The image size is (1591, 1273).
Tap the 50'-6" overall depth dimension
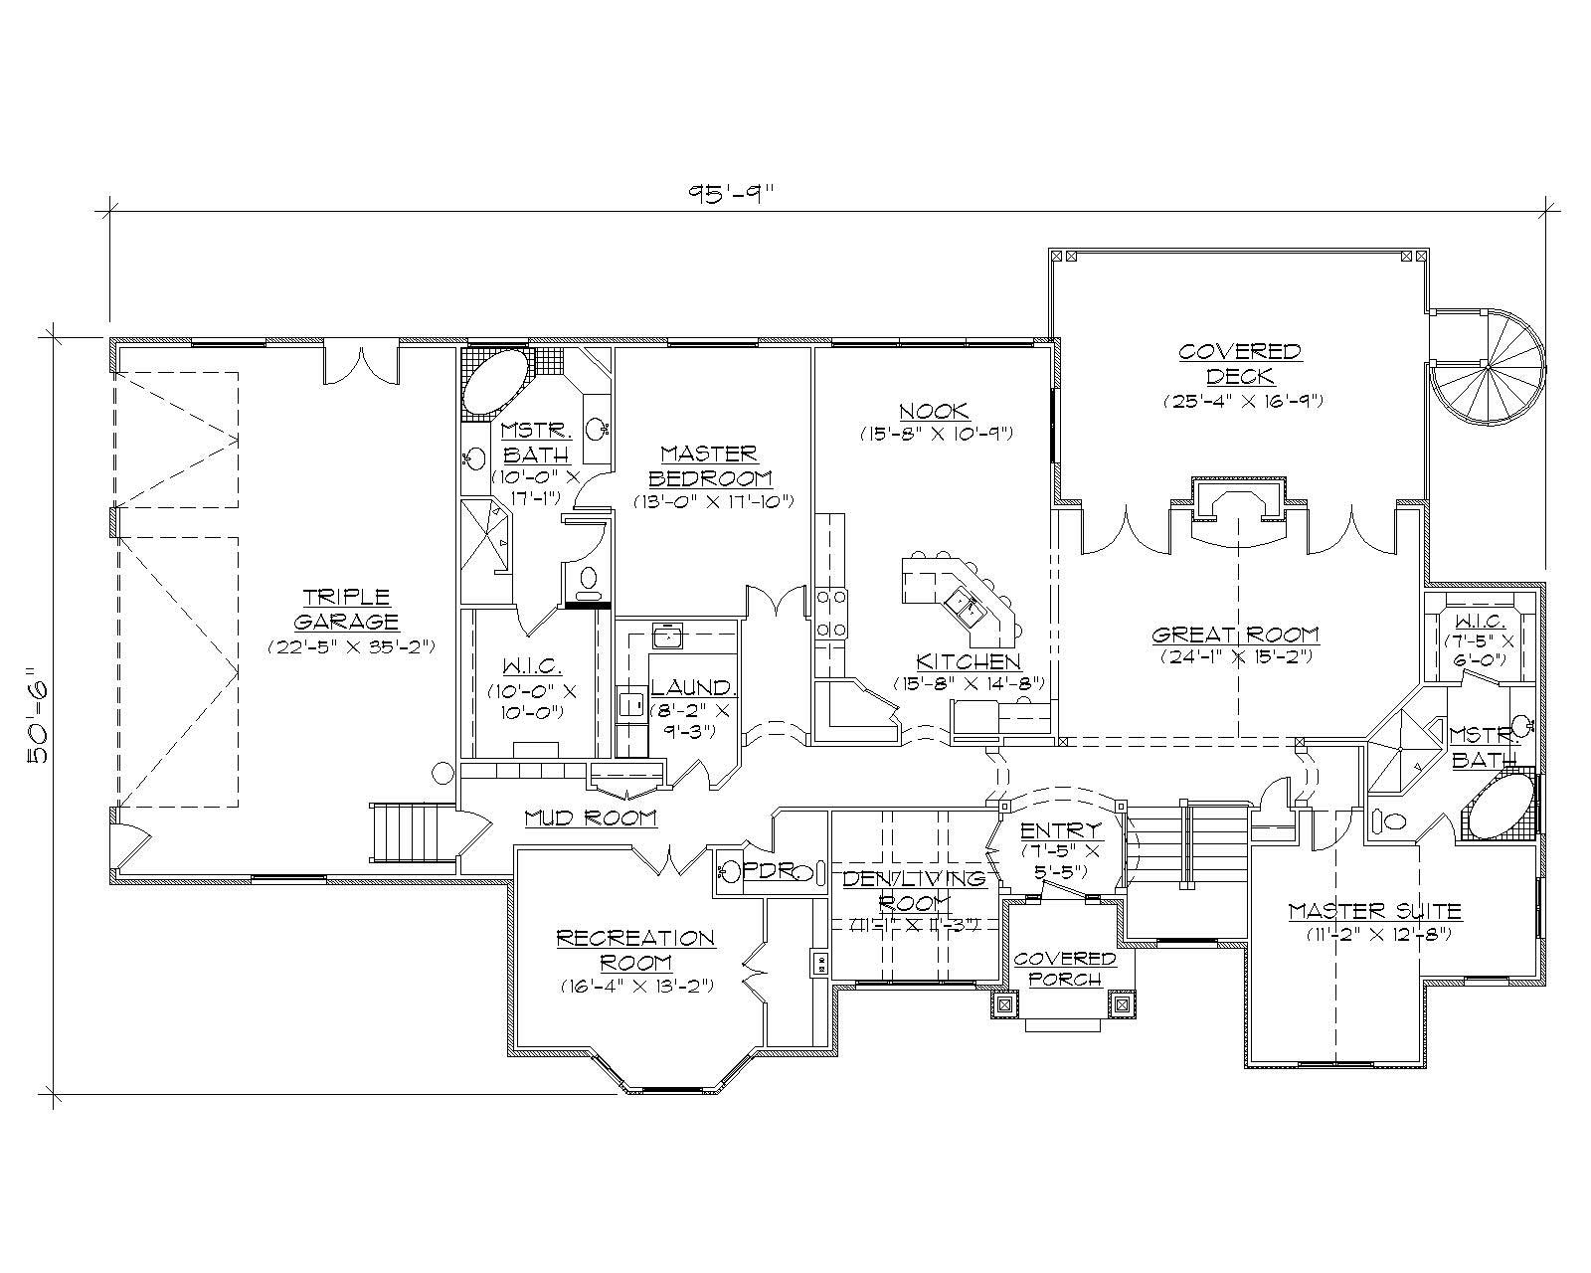pyautogui.click(x=39, y=714)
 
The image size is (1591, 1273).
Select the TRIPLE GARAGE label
pyautogui.click(x=349, y=609)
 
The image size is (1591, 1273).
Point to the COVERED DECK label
pyautogui.click(x=1239, y=363)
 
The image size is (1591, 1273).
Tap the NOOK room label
pyautogui.click(x=934, y=411)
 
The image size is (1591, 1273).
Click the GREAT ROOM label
pyautogui.click(x=1236, y=635)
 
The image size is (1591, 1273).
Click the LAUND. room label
pyautogui.click(x=693, y=687)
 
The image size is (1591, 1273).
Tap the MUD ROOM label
pyautogui.click(x=591, y=818)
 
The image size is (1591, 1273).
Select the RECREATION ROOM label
pyautogui.click(x=634, y=950)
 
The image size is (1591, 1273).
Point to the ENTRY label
pyautogui.click(x=1061, y=830)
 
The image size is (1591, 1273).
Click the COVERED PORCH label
pyautogui.click(x=1065, y=968)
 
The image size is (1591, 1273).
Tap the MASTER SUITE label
pyautogui.click(x=1374, y=910)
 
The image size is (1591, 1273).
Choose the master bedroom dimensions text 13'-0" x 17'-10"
pyautogui.click(x=714, y=501)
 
